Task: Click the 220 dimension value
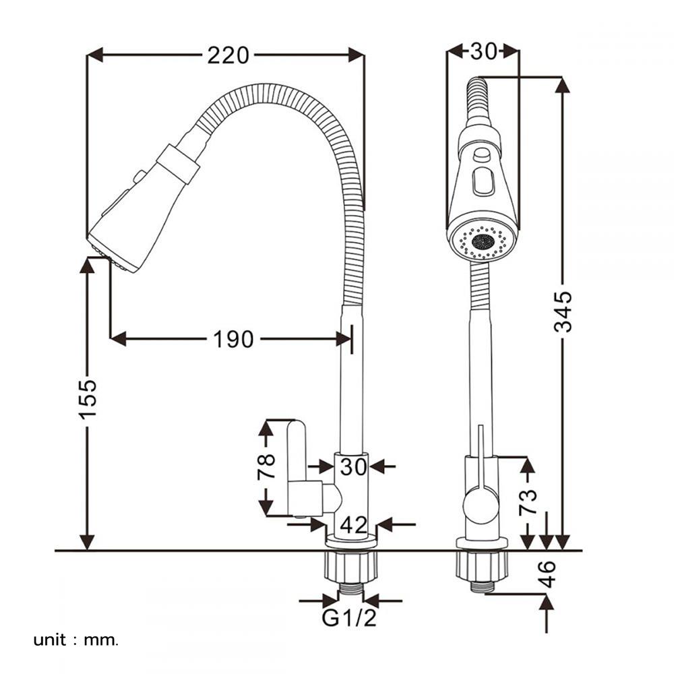tap(228, 55)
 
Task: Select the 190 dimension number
tap(234, 339)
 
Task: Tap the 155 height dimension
tap(88, 398)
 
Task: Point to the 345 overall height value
tap(563, 311)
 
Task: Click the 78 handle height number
tap(266, 466)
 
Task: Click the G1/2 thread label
tap(349, 618)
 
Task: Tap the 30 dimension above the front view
tap(483, 52)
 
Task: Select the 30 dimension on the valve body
tap(353, 466)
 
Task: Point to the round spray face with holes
tap(483, 241)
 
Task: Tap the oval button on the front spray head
tap(483, 182)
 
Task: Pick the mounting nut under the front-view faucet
tap(481, 565)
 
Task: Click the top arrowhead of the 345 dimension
tap(563, 86)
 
